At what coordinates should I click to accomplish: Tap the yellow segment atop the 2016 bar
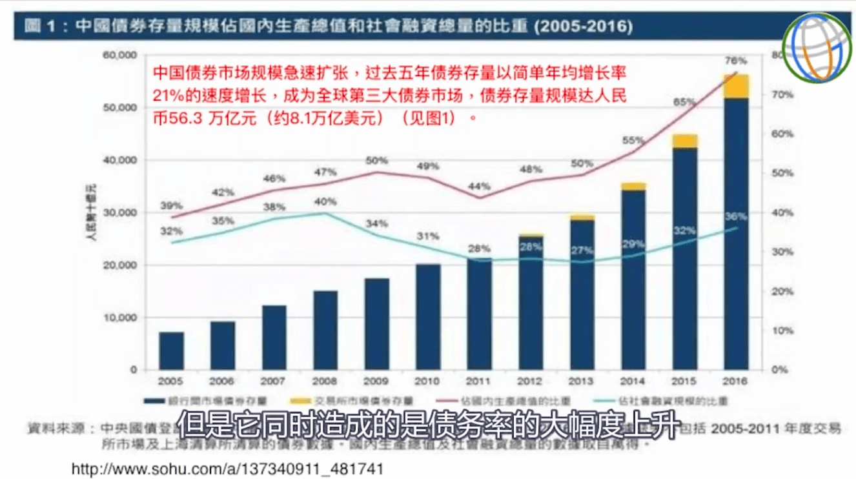(x=735, y=87)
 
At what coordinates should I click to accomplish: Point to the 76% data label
(x=735, y=61)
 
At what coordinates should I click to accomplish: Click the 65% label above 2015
(x=684, y=102)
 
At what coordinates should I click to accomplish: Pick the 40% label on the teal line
(x=325, y=201)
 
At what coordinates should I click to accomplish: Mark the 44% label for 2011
(x=479, y=186)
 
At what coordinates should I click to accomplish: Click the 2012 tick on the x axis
(x=531, y=382)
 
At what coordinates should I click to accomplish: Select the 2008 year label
(x=325, y=382)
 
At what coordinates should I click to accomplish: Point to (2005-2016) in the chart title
(x=584, y=26)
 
